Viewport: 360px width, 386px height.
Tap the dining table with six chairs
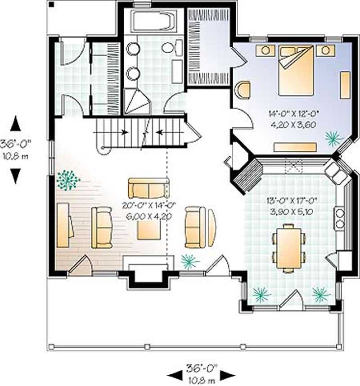click(288, 248)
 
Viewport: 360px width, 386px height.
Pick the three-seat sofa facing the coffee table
click(148, 188)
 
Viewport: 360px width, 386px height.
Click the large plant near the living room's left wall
click(67, 180)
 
